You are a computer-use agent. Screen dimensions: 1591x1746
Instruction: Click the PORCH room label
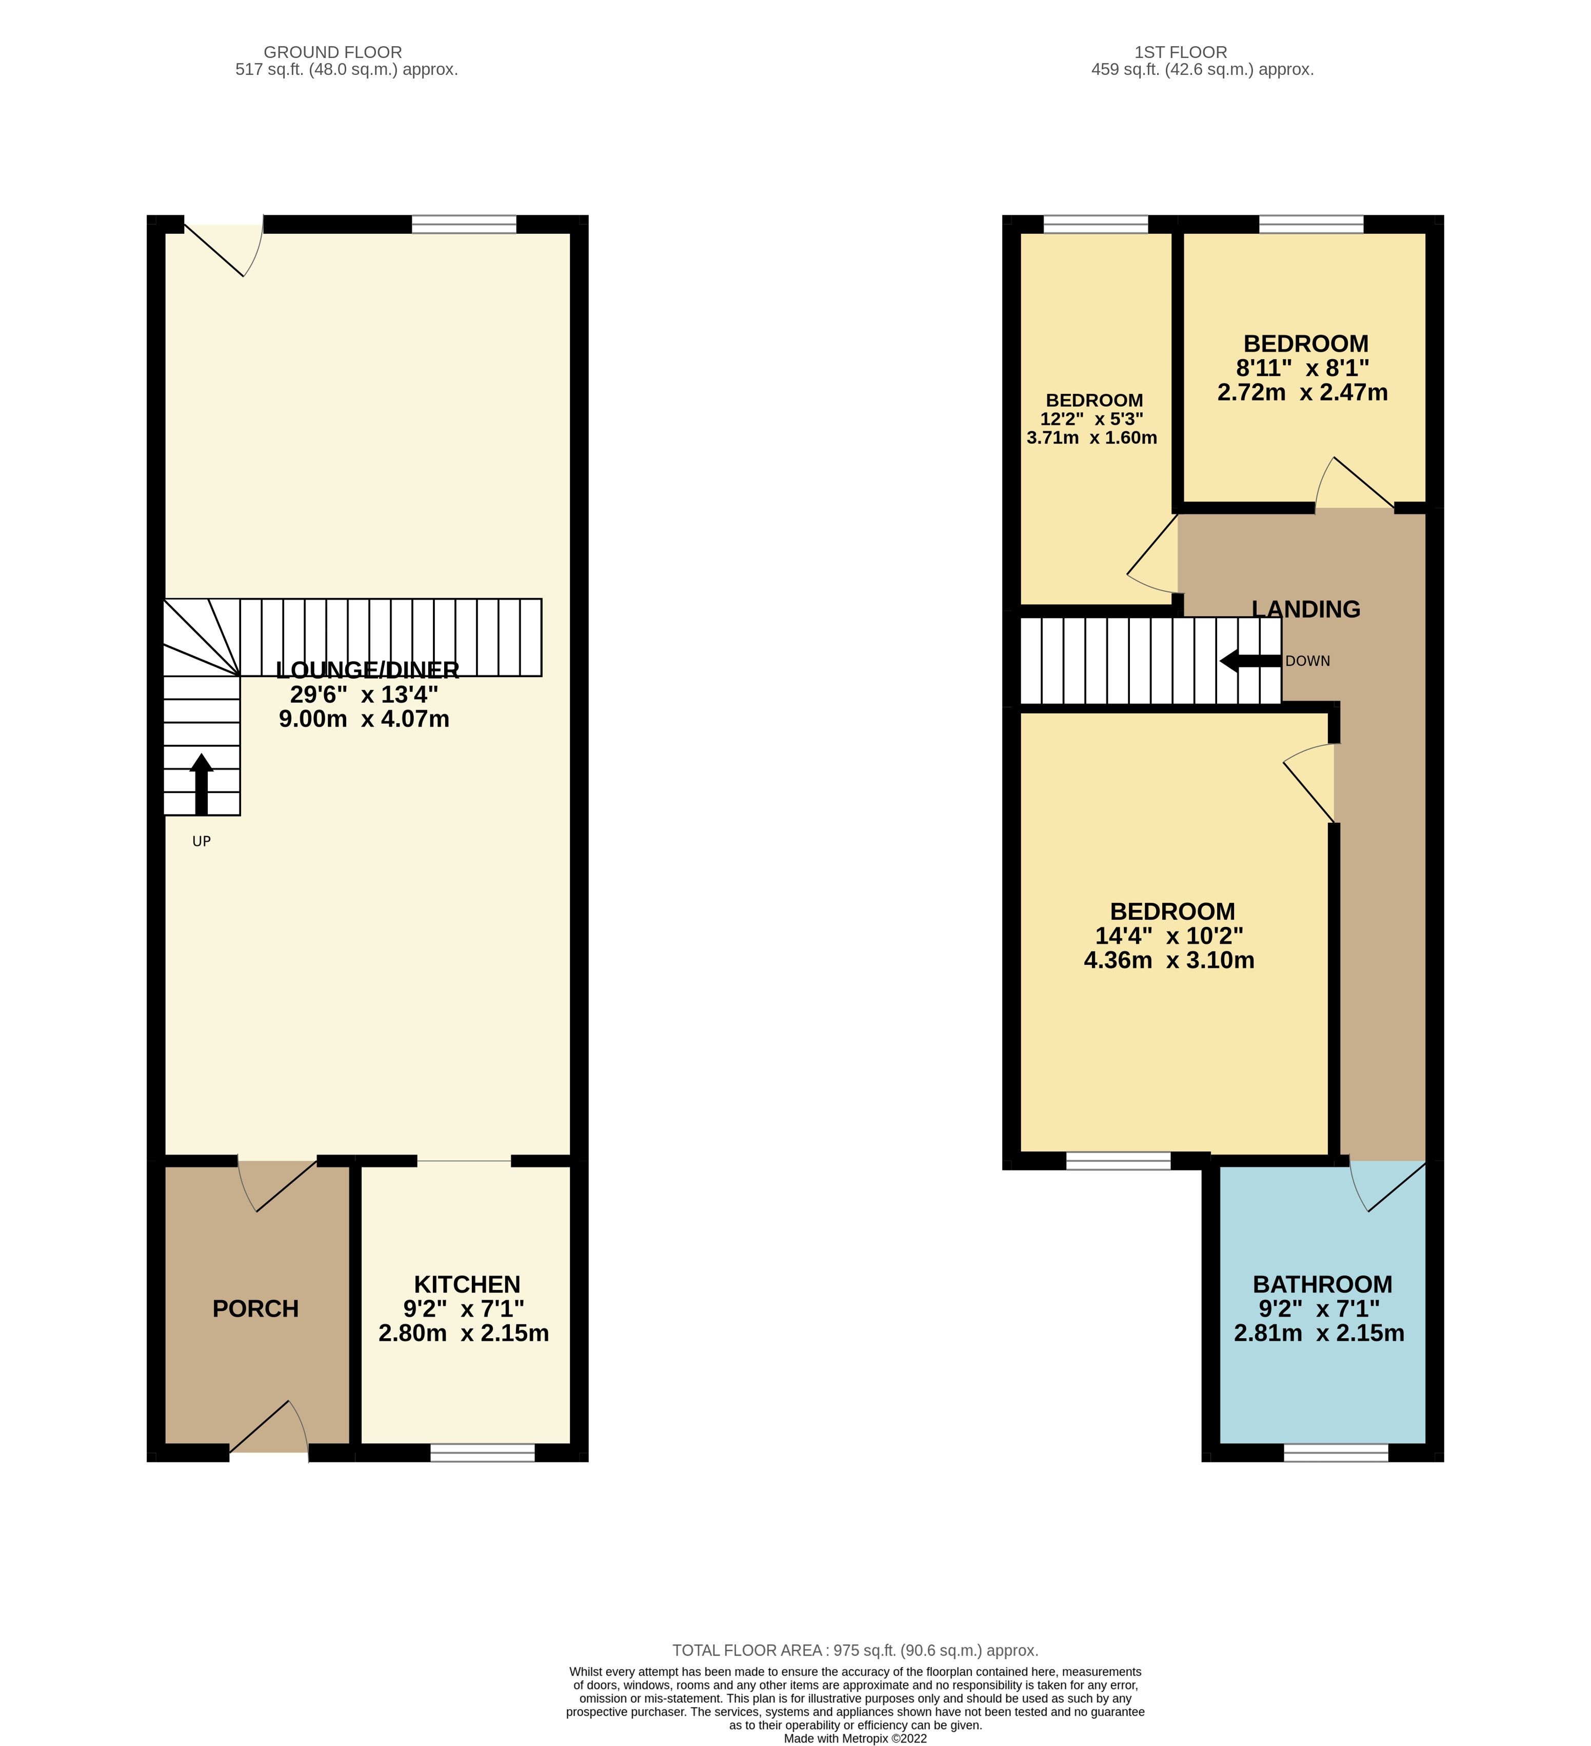[x=255, y=1308]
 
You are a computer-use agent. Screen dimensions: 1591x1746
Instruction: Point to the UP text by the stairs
[x=202, y=841]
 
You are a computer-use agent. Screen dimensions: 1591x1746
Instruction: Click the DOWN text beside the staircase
[x=1308, y=661]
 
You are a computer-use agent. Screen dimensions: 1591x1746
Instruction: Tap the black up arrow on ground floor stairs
[x=201, y=784]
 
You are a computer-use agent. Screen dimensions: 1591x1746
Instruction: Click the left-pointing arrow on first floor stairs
[x=1250, y=661]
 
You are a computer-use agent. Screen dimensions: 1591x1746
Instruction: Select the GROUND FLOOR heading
[x=332, y=52]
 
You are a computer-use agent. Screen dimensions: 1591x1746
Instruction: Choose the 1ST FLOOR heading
[x=1181, y=52]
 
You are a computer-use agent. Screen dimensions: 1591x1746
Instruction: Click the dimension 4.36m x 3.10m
[x=1169, y=960]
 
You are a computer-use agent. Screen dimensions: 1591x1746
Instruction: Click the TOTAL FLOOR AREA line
[x=856, y=1650]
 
